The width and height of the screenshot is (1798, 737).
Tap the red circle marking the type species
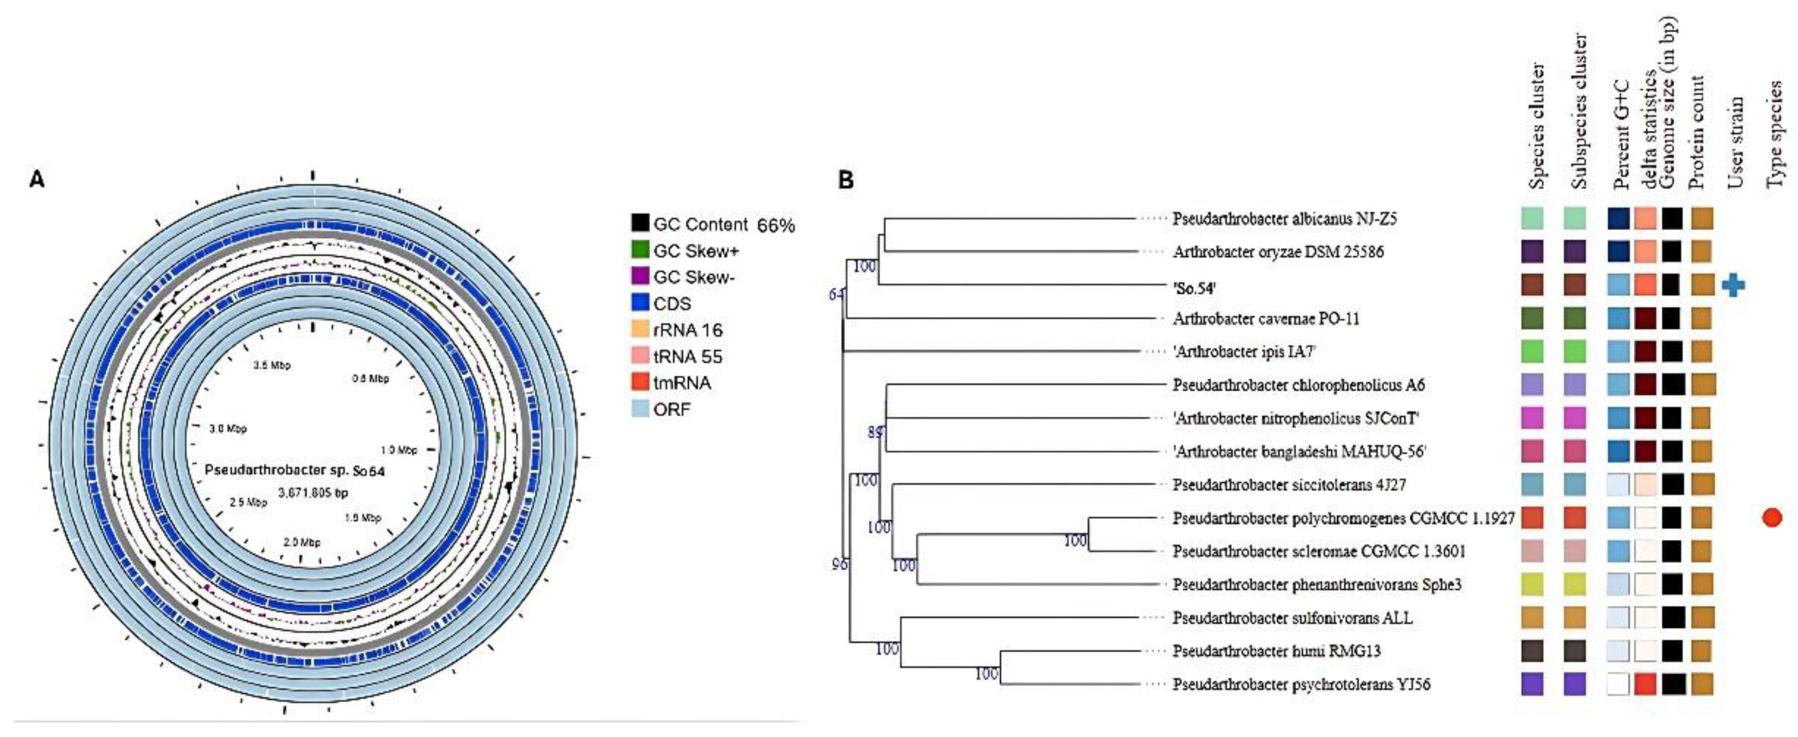(1772, 517)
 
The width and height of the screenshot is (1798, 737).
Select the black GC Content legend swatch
(640, 224)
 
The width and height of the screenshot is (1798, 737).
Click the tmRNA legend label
(682, 382)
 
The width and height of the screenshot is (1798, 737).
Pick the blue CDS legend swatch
(640, 303)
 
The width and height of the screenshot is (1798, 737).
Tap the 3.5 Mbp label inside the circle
(272, 365)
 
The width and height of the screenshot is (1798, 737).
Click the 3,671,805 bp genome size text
(313, 493)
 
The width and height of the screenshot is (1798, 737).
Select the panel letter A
(36, 179)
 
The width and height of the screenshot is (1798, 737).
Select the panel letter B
(845, 180)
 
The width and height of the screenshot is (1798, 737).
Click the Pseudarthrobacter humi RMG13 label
(1276, 651)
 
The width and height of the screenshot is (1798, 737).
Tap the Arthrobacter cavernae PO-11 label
(1265, 319)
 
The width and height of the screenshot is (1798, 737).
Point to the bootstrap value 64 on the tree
(836, 294)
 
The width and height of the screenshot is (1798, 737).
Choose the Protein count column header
(1697, 133)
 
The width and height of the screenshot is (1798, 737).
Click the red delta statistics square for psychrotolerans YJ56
(1645, 684)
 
